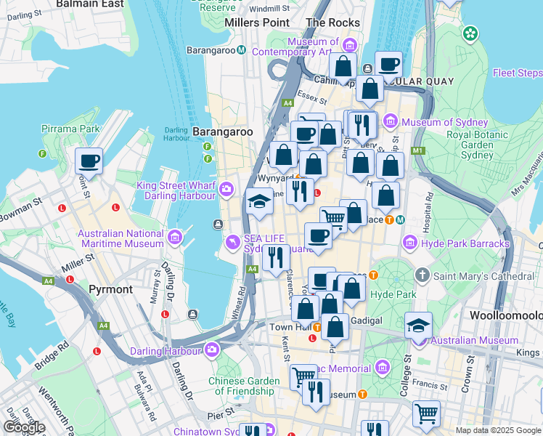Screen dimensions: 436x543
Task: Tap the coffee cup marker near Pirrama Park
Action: click(x=89, y=161)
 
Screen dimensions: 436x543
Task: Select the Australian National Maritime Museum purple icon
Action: click(x=174, y=238)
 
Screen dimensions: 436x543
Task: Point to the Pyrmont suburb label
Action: click(x=110, y=289)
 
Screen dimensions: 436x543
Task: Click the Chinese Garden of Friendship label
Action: click(x=244, y=386)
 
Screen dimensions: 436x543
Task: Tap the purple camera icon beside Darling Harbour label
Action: click(x=212, y=351)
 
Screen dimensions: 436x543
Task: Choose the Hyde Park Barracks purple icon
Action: click(x=410, y=242)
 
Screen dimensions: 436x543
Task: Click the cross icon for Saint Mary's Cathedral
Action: click(x=423, y=276)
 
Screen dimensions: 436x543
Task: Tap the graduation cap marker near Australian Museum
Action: click(x=418, y=325)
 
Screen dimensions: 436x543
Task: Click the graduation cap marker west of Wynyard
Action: click(x=259, y=201)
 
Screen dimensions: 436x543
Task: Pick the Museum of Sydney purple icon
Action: click(x=391, y=121)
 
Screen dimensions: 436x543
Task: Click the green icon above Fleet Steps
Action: click(x=471, y=33)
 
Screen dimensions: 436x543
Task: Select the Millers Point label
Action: click(x=257, y=23)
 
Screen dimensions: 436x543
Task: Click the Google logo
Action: click(x=23, y=427)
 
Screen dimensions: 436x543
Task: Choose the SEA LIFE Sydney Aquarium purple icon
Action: click(x=232, y=241)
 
